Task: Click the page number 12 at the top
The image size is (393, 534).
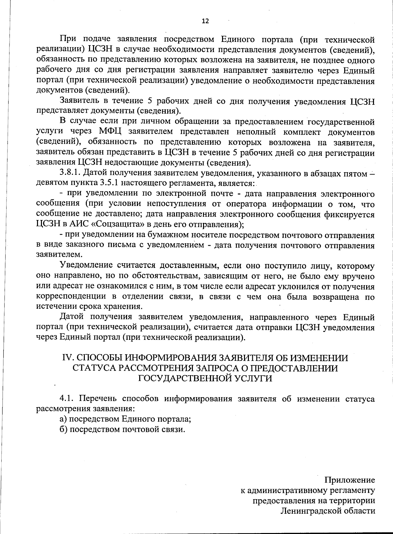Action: tap(205, 21)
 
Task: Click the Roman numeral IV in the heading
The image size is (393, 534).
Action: tap(67, 358)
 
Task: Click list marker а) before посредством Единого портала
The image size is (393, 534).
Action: tap(63, 419)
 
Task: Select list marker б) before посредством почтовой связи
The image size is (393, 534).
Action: tap(64, 430)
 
